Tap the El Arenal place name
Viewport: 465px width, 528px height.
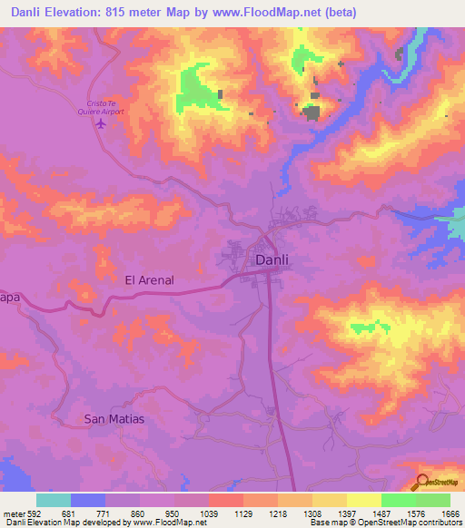(x=149, y=281)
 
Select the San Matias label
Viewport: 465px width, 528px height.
(x=114, y=419)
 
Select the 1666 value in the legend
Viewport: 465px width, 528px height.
(x=450, y=513)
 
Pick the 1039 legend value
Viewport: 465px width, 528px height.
(x=209, y=513)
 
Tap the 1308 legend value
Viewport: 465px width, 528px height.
(x=312, y=513)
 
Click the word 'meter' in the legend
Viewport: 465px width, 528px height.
(x=14, y=513)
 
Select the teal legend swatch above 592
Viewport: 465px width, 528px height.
(x=54, y=500)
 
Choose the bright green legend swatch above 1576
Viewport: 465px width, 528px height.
(x=399, y=500)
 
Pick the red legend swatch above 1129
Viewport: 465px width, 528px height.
(x=226, y=500)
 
